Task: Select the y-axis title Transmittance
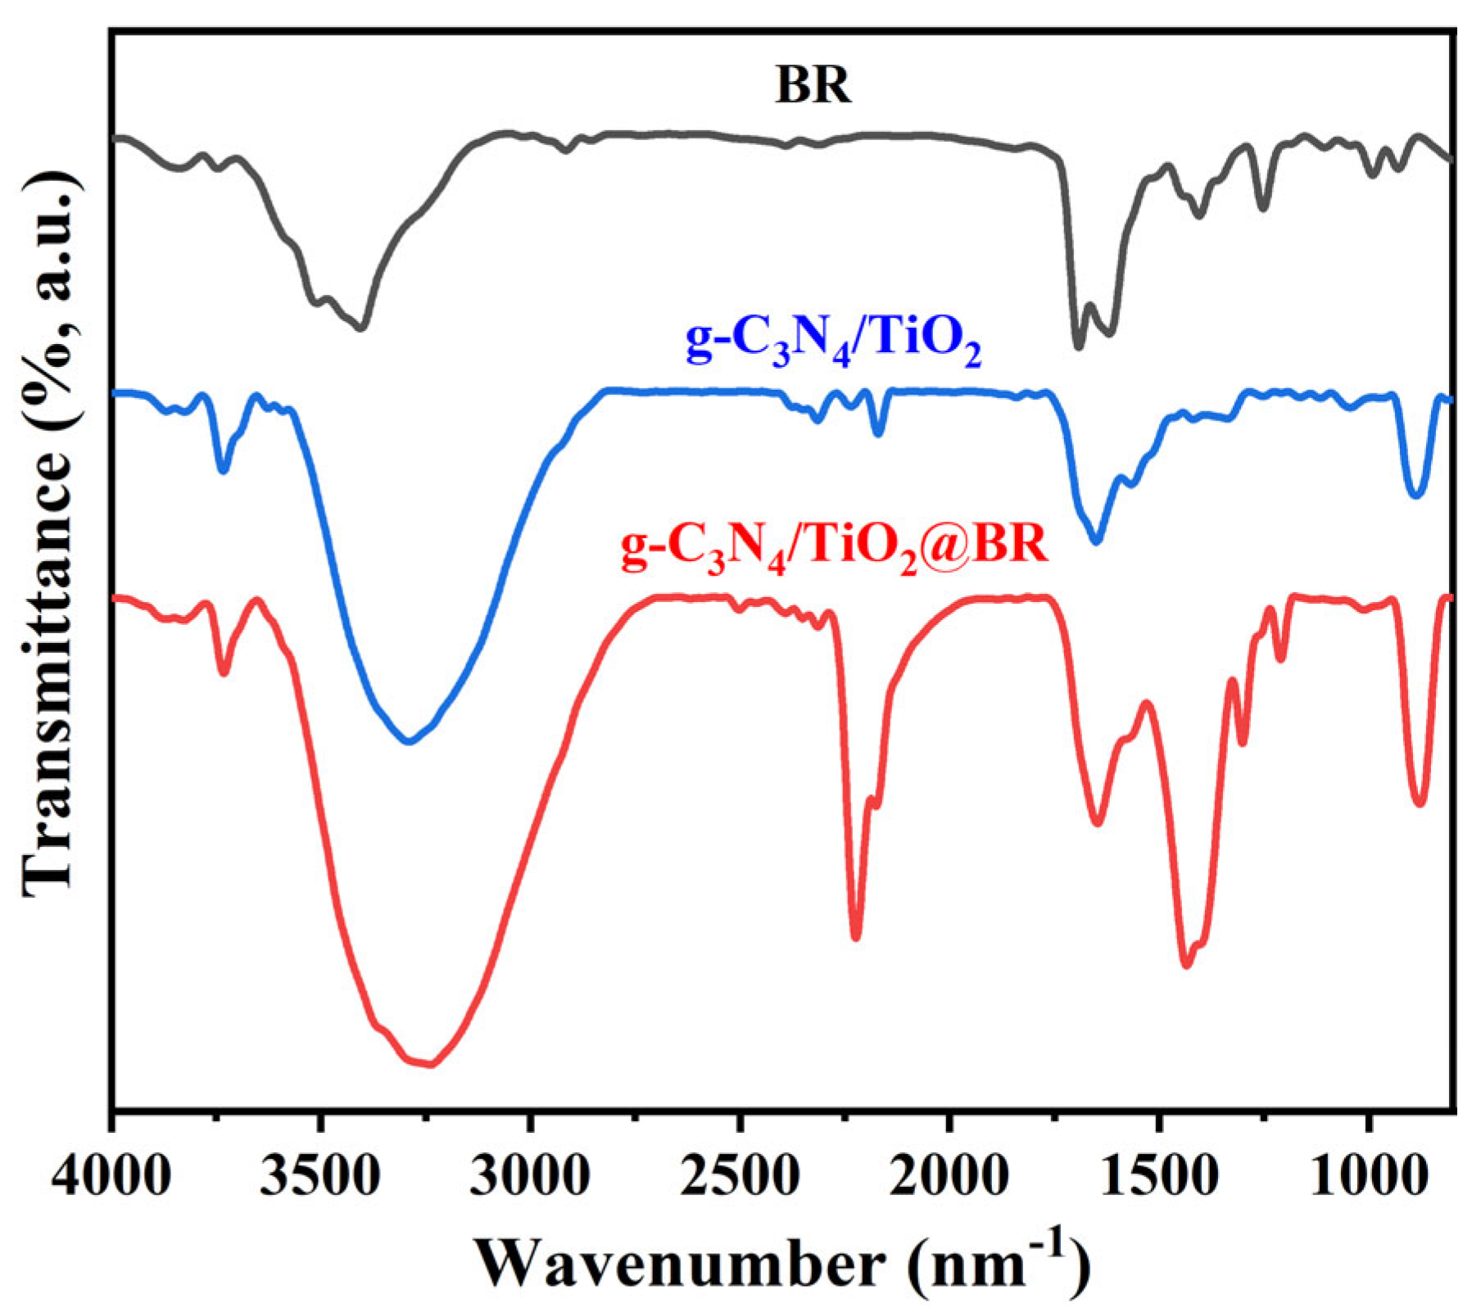51,537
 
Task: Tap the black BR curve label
813,84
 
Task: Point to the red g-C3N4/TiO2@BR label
834,546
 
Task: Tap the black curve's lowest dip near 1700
1079,346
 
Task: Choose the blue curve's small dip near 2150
878,433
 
